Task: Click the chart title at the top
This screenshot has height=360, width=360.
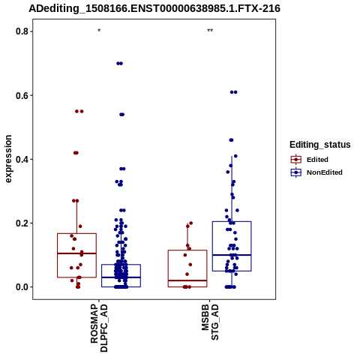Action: click(154, 8)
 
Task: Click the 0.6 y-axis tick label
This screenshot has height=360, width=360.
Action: click(21, 95)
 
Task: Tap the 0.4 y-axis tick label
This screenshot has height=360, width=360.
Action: click(21, 159)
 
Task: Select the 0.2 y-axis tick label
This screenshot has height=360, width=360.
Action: click(21, 223)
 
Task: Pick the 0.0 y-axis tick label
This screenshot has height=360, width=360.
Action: click(21, 287)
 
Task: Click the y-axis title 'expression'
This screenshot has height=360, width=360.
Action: click(8, 159)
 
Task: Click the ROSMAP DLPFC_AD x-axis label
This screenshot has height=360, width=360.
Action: click(99, 328)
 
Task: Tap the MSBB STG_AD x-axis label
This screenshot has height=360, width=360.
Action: click(210, 322)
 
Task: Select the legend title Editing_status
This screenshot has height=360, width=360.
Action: click(320, 145)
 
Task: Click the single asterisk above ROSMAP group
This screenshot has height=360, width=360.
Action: click(99, 31)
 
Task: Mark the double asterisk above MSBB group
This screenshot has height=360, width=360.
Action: click(210, 31)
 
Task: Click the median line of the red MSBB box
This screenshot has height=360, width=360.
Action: click(187, 280)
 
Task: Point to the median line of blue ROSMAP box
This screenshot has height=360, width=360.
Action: click(121, 277)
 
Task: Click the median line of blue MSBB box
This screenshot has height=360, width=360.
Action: click(232, 255)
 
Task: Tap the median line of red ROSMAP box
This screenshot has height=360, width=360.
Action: click(76, 253)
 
